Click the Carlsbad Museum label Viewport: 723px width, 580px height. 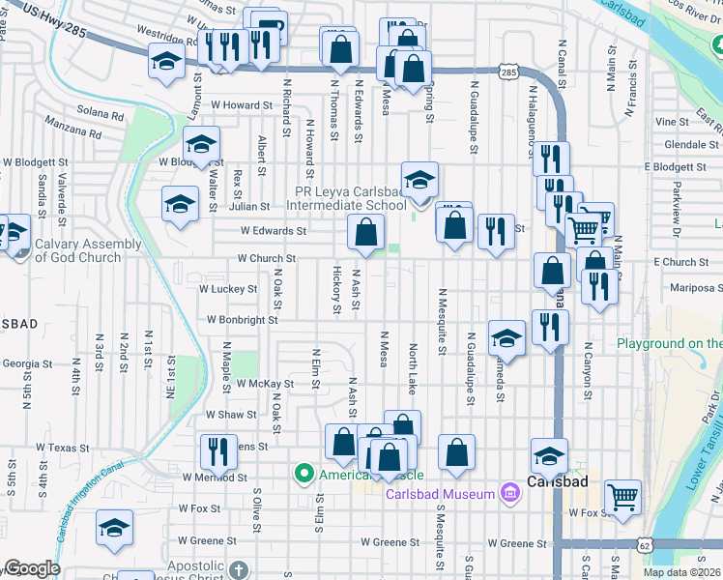coord(440,495)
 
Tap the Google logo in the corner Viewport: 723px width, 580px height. coord(32,568)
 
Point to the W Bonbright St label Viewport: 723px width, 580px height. coord(242,319)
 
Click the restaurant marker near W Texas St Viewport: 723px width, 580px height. coord(217,450)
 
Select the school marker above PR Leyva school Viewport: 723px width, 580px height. coord(419,179)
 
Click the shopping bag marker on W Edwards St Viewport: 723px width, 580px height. coord(366,232)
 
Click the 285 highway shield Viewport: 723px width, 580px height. coord(508,72)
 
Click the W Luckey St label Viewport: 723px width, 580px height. coord(228,288)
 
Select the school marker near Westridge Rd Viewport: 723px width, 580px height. coord(166,63)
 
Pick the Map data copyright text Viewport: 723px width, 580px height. coord(682,572)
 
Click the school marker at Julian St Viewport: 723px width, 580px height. coord(180,204)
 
